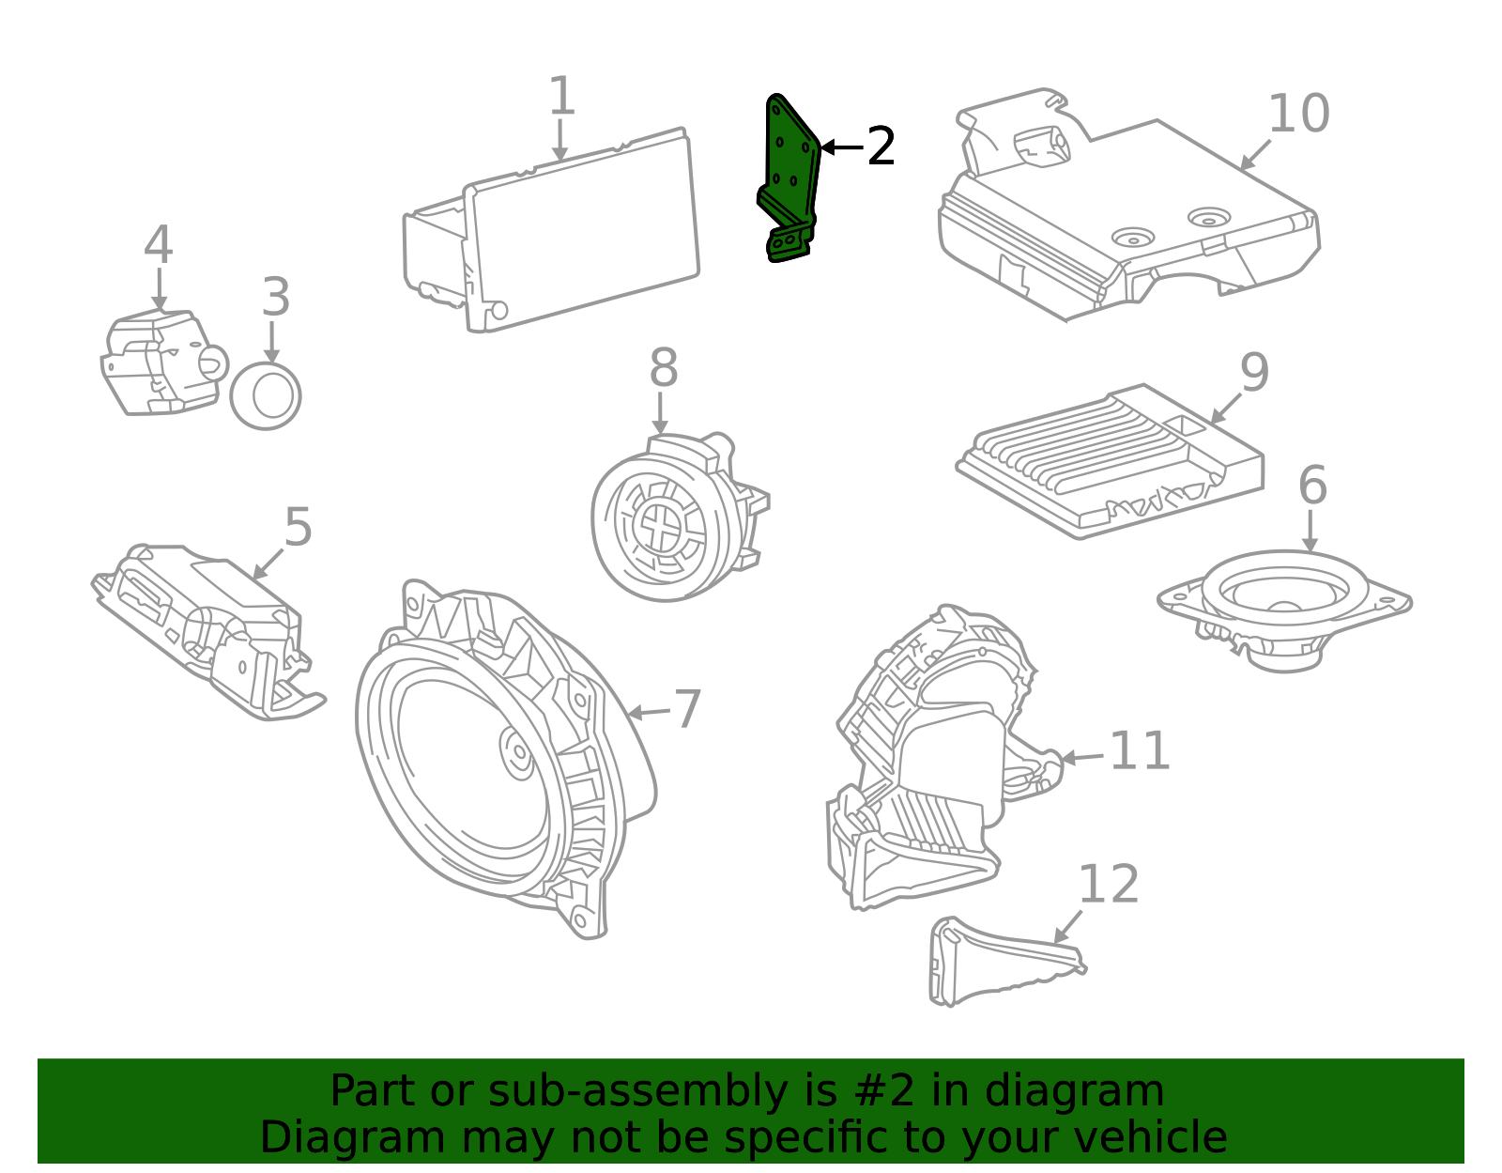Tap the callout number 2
pos(881,147)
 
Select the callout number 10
pos(1299,114)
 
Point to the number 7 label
pos(688,709)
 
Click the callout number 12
pos(1109,884)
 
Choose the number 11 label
pos(1140,750)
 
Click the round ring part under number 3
pos(266,395)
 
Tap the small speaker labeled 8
pos(681,517)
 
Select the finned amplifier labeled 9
pos(1111,461)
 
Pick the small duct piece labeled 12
pos(1005,961)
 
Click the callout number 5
pos(298,528)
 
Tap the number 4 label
pos(159,245)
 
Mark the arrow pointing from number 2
pos(843,147)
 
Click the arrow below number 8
pos(660,413)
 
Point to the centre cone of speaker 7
pos(517,752)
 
